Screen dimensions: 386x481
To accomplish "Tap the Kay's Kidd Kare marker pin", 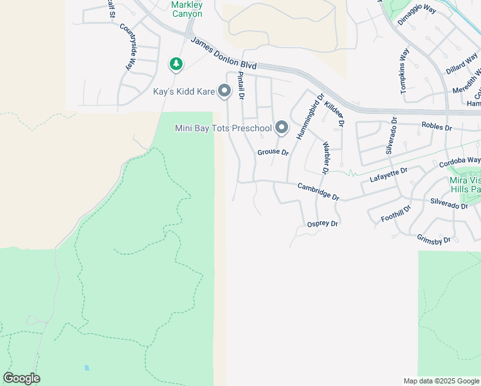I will [224, 92].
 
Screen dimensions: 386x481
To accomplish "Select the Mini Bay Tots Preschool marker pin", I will [282, 128].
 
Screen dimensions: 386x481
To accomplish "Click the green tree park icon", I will [176, 64].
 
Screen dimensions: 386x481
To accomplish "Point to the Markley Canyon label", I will [187, 9].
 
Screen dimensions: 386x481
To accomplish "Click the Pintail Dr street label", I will [241, 85].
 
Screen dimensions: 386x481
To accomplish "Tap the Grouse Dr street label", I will [273, 152].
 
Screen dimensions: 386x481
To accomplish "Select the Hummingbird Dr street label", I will [308, 116].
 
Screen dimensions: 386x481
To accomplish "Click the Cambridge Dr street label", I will [318, 192].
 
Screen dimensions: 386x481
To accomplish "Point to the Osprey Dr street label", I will [323, 223].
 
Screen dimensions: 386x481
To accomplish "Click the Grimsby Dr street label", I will [434, 239].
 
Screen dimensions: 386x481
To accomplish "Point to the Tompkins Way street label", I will [404, 71].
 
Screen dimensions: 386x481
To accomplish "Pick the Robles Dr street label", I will [437, 127].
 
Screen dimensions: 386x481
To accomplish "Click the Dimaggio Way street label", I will [417, 16].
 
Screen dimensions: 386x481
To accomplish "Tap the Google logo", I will [21, 378].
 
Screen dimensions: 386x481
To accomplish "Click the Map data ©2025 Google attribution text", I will [440, 381].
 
